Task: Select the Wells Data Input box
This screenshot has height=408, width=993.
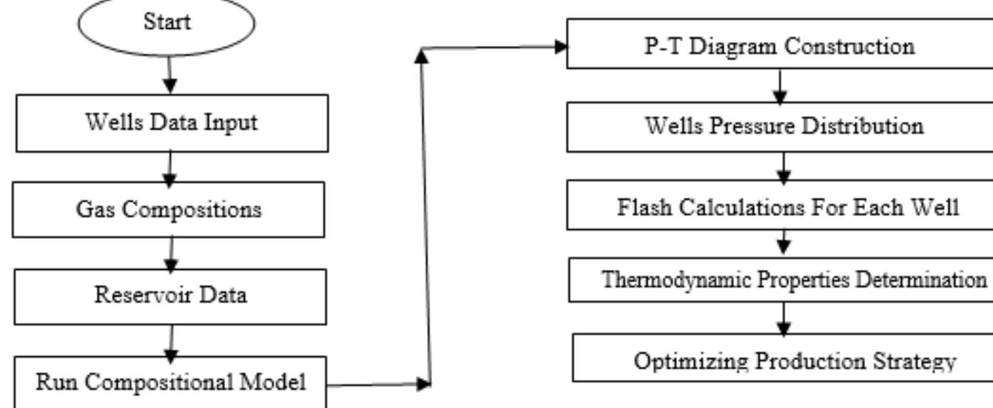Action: [172, 123]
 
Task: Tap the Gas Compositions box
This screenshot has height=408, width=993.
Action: [171, 209]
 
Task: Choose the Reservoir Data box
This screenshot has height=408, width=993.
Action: [170, 296]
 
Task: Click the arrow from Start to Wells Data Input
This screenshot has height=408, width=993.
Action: [170, 75]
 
